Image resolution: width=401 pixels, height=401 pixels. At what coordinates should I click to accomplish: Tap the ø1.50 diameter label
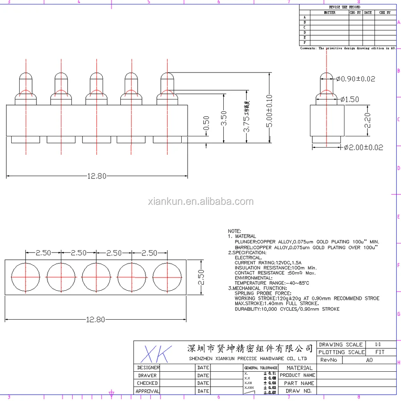tap(350, 99)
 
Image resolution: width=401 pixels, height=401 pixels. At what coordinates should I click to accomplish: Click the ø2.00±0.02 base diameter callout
tap(363, 147)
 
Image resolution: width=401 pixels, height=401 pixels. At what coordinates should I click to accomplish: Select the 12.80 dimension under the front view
tap(97, 176)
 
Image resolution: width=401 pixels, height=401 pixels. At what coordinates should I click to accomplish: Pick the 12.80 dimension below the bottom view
tap(95, 319)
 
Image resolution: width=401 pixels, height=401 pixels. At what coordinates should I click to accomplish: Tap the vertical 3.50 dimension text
tap(224, 118)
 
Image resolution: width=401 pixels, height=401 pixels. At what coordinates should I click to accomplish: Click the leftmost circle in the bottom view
tap(26, 277)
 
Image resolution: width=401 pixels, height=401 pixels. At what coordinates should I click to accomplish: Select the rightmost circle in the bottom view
tap(167, 277)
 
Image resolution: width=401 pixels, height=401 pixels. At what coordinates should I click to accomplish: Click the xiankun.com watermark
tap(200, 201)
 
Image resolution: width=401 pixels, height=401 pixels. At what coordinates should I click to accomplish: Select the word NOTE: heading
tap(235, 231)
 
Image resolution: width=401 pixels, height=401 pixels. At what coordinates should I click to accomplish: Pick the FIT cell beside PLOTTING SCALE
tap(380, 352)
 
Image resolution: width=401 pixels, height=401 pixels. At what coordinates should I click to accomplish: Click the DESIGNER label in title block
tap(148, 367)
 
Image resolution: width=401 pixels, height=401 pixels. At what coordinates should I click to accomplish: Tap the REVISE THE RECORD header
tap(344, 7)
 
